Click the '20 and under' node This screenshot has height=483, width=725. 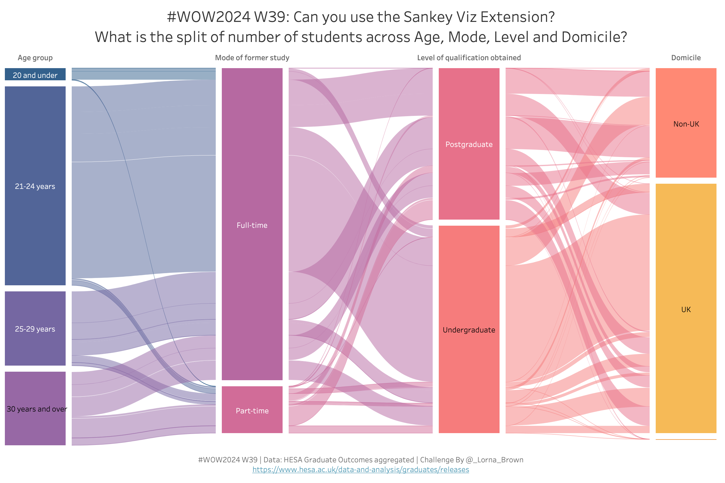pos(35,75)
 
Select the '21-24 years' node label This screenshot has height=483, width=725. pos(35,186)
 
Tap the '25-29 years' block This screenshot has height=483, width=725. pos(35,329)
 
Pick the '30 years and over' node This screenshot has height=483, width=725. pos(35,409)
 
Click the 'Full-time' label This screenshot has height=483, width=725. pos(252,225)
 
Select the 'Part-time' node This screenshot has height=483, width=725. pos(252,410)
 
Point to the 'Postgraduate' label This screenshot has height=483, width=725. pos(469,144)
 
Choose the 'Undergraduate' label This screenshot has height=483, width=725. pos(469,330)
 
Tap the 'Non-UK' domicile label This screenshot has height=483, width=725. pos(686,124)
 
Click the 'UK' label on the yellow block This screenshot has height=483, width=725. pos(686,310)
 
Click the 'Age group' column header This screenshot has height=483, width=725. pos(35,58)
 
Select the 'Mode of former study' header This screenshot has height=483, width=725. pos(252,58)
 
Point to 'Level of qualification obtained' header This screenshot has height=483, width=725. pos(469,58)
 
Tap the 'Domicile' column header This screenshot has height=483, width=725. pos(686,58)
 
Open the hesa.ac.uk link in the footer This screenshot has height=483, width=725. pos(361,470)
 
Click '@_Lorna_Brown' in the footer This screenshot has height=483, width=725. pos(494,460)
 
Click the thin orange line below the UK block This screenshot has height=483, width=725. pos(686,440)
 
